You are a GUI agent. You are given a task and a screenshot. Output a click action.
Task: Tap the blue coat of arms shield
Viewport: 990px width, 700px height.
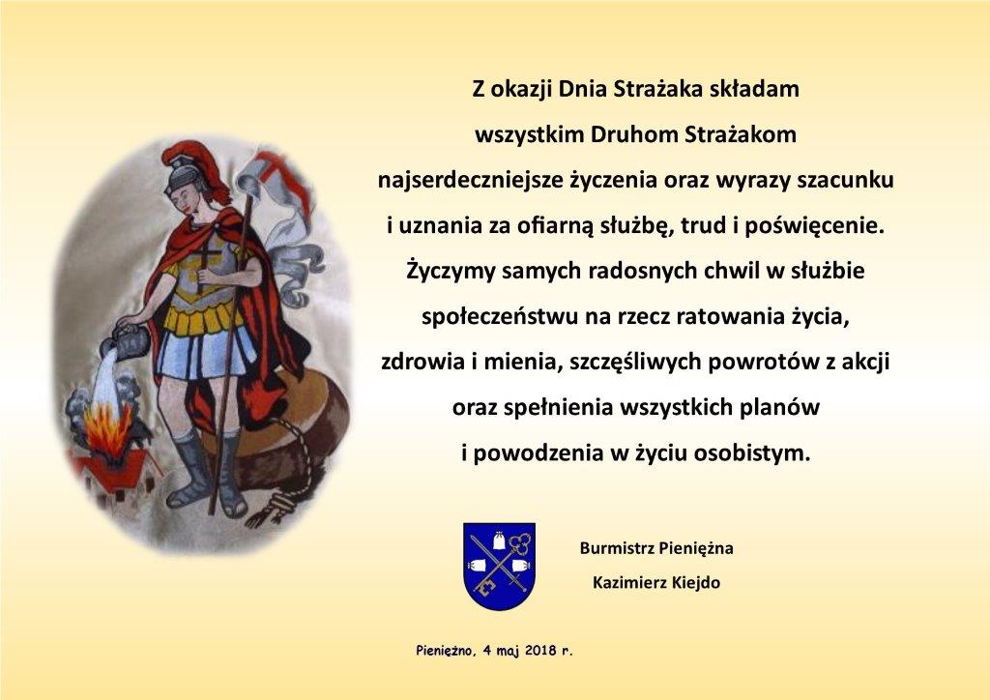pos(500,566)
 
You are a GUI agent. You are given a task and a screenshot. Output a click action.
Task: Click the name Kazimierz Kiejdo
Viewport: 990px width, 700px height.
pos(656,582)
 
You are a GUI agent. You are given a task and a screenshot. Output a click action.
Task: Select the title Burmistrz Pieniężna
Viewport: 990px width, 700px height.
pos(656,548)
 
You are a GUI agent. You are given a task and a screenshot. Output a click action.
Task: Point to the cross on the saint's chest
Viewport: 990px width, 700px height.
pos(209,266)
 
